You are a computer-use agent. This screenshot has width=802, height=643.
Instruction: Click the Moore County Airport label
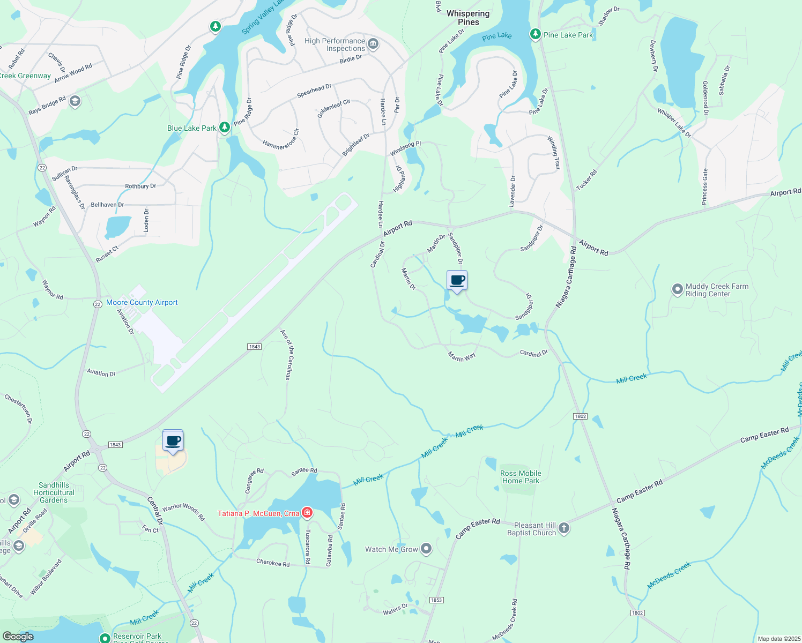coord(142,303)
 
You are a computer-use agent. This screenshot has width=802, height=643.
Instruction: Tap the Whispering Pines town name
coord(468,18)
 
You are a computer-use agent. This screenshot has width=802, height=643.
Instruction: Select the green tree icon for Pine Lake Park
coord(535,35)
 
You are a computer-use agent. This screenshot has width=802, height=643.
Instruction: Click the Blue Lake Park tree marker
coord(225,128)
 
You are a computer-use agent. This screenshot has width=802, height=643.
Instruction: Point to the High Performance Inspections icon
coord(373,44)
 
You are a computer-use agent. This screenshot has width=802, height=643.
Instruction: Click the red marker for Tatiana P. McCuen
coord(307,513)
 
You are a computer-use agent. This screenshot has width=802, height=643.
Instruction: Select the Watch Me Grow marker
coord(426,549)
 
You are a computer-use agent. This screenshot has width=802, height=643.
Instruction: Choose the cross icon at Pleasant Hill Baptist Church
coord(564,529)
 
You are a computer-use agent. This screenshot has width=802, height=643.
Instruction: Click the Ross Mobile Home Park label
coord(521,477)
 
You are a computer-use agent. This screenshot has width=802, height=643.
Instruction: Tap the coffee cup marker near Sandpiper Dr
coord(457,281)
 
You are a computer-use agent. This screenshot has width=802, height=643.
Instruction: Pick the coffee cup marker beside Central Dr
coord(173,441)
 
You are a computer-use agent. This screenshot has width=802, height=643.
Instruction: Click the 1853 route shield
coord(436,600)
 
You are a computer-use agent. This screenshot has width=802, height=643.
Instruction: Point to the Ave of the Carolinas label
coord(287,355)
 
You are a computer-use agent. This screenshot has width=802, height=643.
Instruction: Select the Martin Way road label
coord(462,356)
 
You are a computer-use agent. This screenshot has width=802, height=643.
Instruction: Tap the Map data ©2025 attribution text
coord(778,639)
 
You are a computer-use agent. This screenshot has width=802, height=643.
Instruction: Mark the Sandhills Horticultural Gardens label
coord(54,492)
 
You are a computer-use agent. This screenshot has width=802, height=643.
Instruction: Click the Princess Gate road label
coord(706,186)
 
